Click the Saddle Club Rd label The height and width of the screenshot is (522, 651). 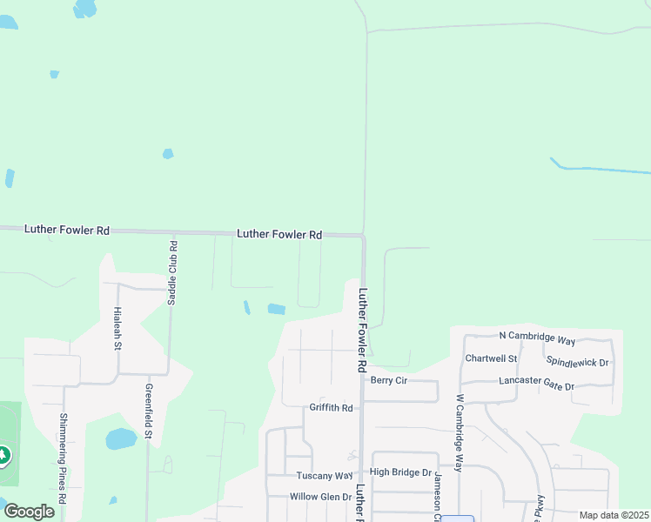click(172, 272)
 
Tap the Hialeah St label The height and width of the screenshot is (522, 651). click(117, 328)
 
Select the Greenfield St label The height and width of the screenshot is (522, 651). click(149, 411)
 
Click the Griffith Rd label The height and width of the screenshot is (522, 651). click(331, 407)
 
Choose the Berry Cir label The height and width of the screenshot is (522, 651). click(389, 380)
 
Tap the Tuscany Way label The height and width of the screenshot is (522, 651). click(322, 476)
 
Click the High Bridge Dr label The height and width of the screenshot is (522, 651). click(400, 472)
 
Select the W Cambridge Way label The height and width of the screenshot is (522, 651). click(459, 432)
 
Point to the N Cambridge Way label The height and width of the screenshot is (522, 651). click(537, 337)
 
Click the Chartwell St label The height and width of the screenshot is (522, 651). click(491, 358)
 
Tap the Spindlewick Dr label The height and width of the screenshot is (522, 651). click(576, 361)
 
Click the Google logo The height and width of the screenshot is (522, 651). click(29, 512)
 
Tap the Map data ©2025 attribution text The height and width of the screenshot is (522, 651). click(614, 515)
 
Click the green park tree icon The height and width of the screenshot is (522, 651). click(3, 455)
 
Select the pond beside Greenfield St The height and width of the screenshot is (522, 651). click(121, 439)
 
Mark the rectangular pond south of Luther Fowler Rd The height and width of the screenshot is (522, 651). click(276, 309)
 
